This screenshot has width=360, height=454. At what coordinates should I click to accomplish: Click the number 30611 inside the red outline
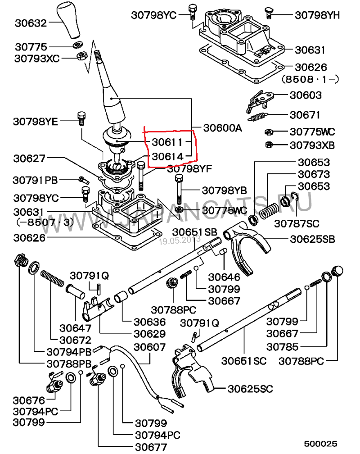click(x=167, y=142)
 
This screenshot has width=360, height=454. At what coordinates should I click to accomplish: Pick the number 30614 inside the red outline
click(x=167, y=157)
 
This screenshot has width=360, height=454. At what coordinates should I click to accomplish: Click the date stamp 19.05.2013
click(x=179, y=241)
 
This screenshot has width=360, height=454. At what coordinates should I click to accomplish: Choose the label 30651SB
click(x=195, y=232)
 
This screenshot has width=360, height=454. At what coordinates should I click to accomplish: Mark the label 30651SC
click(x=243, y=361)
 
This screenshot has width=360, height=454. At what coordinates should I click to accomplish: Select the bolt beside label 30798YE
click(x=81, y=118)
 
